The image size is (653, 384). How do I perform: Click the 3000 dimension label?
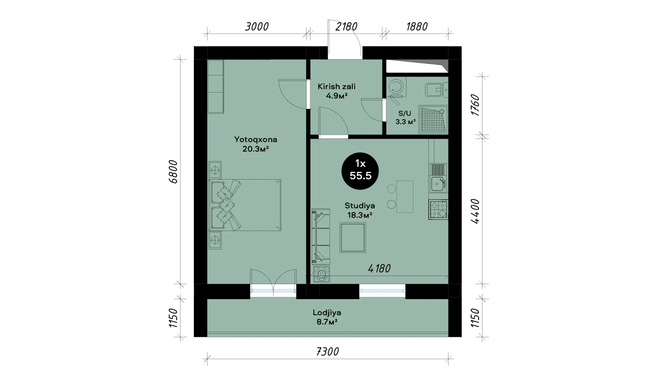[256, 27]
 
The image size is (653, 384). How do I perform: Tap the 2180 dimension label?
[346, 27]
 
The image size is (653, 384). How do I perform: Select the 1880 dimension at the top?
[417, 27]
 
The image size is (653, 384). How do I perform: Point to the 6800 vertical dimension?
[173, 171]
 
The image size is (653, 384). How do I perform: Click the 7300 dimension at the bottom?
[328, 352]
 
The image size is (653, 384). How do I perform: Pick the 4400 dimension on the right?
[475, 211]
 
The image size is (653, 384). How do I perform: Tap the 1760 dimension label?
[475, 105]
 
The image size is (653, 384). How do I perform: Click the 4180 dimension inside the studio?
[379, 269]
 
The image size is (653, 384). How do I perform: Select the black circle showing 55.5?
[360, 171]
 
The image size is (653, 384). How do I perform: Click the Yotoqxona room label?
[256, 140]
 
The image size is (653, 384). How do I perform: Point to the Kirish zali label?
[337, 87]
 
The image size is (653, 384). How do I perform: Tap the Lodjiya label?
[327, 313]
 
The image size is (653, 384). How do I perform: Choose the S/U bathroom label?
[405, 113]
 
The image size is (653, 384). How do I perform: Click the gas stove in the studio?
[438, 210]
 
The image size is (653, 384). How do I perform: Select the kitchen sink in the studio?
[438, 184]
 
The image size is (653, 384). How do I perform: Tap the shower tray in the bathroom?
[433, 120]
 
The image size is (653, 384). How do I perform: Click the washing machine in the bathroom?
[396, 87]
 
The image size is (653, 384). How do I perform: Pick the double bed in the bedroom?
[244, 205]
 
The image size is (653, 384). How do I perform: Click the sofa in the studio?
[321, 237]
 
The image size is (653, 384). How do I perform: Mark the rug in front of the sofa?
[353, 237]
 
